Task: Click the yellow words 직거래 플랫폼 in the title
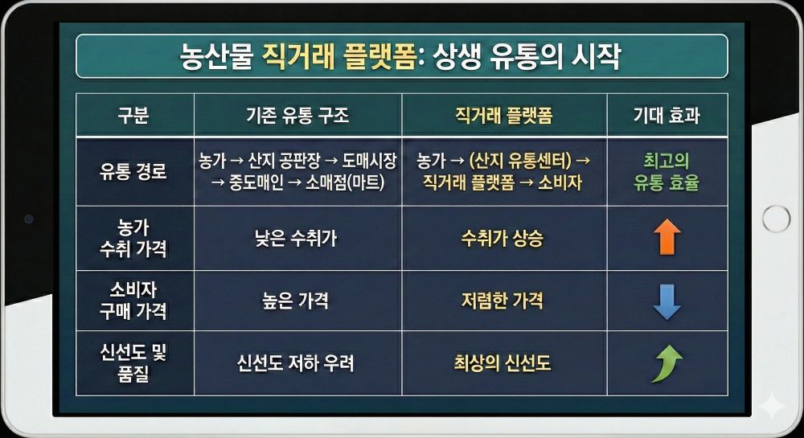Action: [x=338, y=57]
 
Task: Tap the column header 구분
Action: [x=133, y=115]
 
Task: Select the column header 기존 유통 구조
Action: [x=297, y=115]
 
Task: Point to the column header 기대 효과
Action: [x=667, y=115]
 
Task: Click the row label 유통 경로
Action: [x=133, y=171]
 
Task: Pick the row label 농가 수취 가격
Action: [x=133, y=238]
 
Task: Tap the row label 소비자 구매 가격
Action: [x=133, y=301]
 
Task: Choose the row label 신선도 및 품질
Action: [x=133, y=363]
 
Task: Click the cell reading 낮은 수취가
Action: [x=297, y=238]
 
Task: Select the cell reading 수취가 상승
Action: [x=502, y=238]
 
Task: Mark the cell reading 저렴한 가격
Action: [x=502, y=301]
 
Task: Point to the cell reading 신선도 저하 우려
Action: [x=296, y=363]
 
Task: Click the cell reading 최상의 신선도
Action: [x=502, y=363]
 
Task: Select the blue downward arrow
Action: [x=667, y=301]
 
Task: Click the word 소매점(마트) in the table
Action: [x=347, y=183]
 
